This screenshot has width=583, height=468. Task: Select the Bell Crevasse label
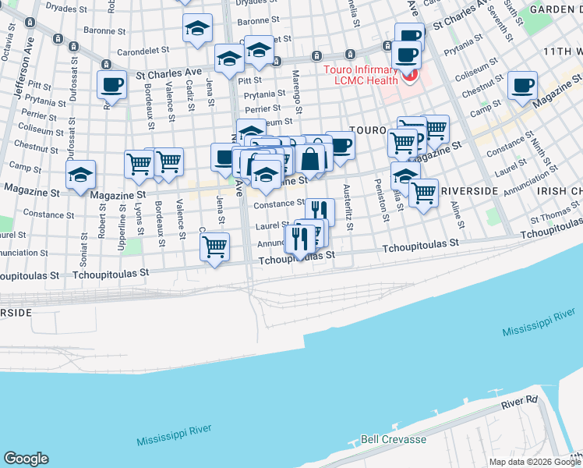[x=393, y=439]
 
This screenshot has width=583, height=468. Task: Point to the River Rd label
[x=520, y=402]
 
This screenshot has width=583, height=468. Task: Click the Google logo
[x=26, y=459]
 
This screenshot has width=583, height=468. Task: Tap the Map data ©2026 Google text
[x=535, y=462]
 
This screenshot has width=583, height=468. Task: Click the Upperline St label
[x=123, y=221]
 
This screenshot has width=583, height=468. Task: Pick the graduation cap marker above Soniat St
[x=81, y=175]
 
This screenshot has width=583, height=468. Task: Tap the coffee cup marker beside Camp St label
[x=521, y=85]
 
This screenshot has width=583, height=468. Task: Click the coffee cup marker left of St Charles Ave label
[x=111, y=85]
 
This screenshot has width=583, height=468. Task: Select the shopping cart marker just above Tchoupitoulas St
[x=214, y=246]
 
